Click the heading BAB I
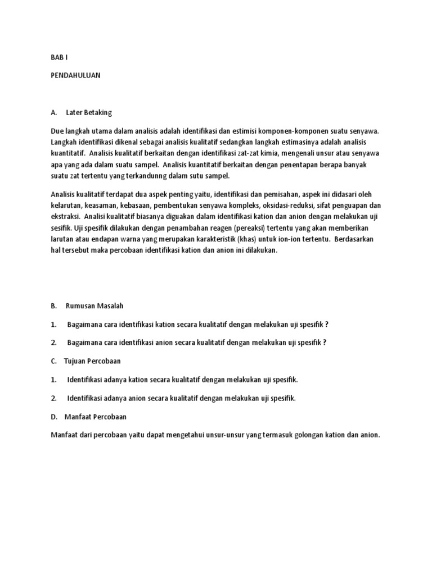coord(59,58)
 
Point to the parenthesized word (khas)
coord(241,240)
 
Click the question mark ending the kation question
coord(327,325)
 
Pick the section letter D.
coord(53,417)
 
